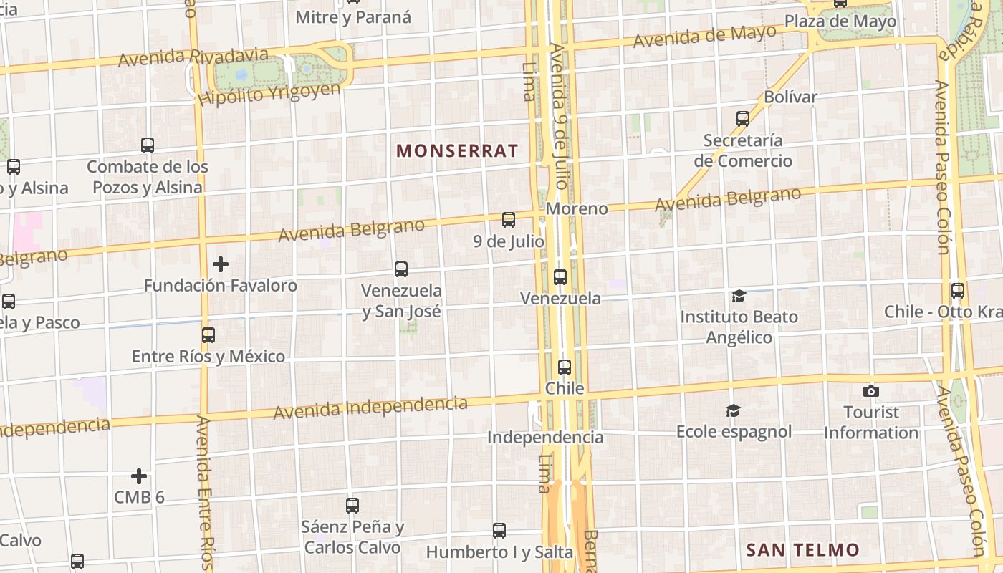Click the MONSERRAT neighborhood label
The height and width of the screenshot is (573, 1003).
tap(457, 150)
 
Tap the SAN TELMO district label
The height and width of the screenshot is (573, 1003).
tap(802, 550)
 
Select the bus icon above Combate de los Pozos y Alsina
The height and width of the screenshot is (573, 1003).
tap(148, 145)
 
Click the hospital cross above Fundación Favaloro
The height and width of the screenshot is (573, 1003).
tap(221, 264)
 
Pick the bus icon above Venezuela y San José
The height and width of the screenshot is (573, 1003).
tap(401, 269)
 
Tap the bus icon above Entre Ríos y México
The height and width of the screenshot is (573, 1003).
tap(208, 334)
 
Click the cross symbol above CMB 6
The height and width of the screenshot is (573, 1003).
tap(139, 476)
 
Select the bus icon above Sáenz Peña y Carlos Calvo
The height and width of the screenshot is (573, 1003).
tap(352, 505)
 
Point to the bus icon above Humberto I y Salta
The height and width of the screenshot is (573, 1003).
tap(499, 531)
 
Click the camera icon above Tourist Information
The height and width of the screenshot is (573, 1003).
tap(871, 391)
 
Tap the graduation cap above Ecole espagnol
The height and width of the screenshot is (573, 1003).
tap(733, 410)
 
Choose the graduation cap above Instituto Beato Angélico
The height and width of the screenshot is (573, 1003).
tap(739, 296)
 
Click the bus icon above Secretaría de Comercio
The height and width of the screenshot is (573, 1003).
tap(743, 118)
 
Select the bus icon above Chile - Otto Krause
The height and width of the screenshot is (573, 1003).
tap(958, 291)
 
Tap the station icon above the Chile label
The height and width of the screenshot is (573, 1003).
tap(565, 367)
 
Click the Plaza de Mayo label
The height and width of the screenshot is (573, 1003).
tap(840, 21)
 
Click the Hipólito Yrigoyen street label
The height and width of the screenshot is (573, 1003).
tap(270, 94)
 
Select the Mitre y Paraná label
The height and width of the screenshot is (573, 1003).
tap(353, 17)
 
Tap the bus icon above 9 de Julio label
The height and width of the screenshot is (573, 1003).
tap(509, 220)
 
